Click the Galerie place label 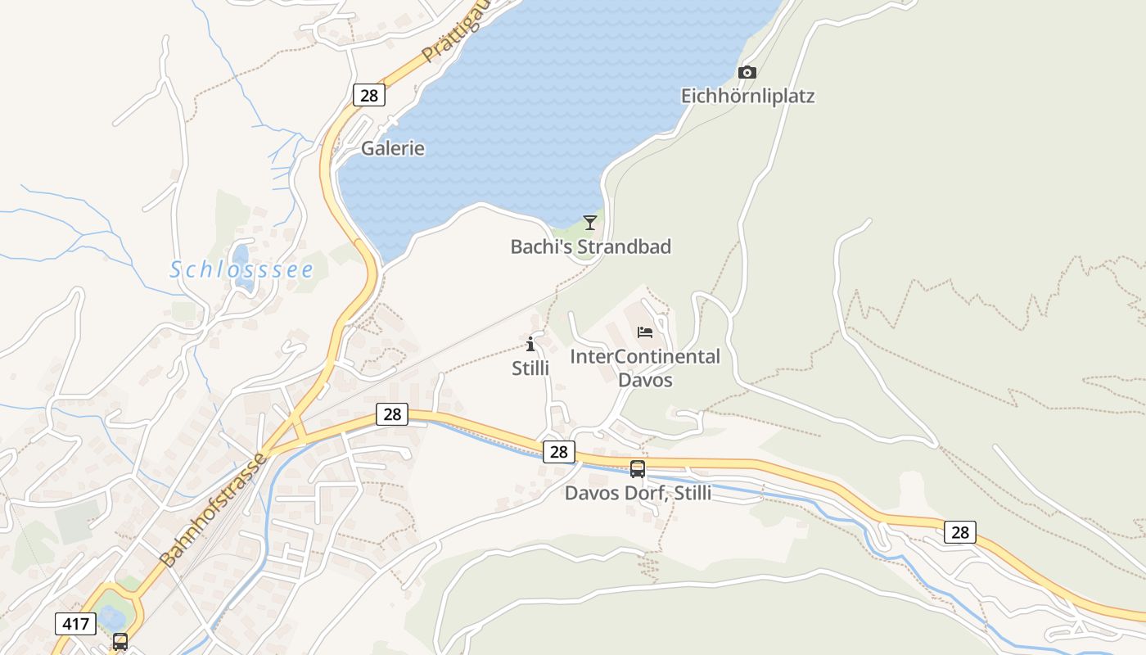[x=393, y=148]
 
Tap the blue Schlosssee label [x=241, y=269]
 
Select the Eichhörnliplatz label [x=747, y=96]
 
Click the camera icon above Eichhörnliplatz [x=747, y=72]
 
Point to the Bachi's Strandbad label [x=590, y=246]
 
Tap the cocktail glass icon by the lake [x=589, y=222]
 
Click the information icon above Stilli [x=530, y=344]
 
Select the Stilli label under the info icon [x=530, y=368]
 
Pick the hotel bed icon [x=645, y=332]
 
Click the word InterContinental [x=645, y=357]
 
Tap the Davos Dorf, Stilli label [x=638, y=493]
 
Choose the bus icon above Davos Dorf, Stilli [x=638, y=469]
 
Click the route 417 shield [x=75, y=624]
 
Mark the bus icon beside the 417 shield [x=120, y=641]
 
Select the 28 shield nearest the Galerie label [x=369, y=95]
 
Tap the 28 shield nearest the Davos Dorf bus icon [x=558, y=451]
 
